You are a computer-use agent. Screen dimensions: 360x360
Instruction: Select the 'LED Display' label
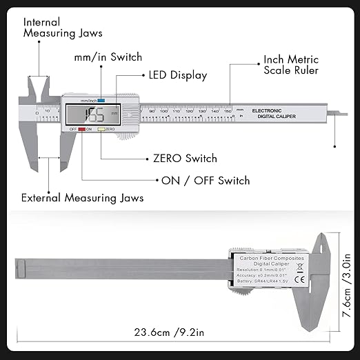pyautogui.click(x=176, y=75)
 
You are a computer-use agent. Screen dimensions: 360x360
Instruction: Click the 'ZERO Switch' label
pyautogui.click(x=186, y=159)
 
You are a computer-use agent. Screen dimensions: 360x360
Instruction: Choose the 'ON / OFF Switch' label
pyautogui.click(x=206, y=181)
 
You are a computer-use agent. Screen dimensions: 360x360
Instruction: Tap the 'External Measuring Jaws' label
pyautogui.click(x=83, y=198)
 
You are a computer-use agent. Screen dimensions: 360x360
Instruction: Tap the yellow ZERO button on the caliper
pyautogui.click(x=101, y=129)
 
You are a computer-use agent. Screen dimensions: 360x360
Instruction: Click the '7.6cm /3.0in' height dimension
pyautogui.click(x=346, y=273)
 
